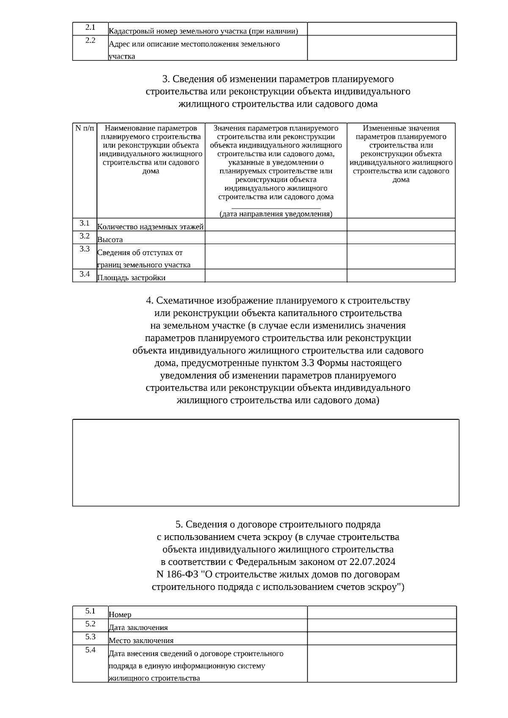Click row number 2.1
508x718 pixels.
[90, 28]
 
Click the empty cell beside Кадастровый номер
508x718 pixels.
[381, 29]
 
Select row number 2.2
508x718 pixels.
[90, 41]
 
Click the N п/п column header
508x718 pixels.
[85, 128]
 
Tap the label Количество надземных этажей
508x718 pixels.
[151, 227]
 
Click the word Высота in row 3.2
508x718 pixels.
[110, 239]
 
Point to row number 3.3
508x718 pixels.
[85, 249]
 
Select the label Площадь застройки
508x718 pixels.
[131, 278]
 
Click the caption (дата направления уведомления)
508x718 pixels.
[276, 214]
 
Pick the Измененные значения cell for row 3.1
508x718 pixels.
[401, 225]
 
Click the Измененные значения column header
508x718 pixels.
[401, 154]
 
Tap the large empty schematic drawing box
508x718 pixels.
[265, 462]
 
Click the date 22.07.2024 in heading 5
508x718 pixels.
[373, 562]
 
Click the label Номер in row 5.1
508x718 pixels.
[120, 614]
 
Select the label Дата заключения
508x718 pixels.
[138, 627]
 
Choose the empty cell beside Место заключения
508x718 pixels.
[381, 638]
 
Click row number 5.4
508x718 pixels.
[90, 650]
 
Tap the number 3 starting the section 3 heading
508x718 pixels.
[165, 79]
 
